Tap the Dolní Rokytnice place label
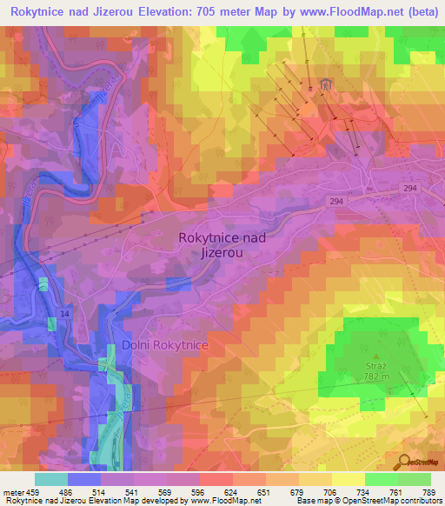(166, 345)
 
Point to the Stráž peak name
(375, 368)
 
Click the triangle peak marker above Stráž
(376, 355)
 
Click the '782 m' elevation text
(376, 379)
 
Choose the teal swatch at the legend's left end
(51, 479)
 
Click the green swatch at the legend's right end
(415, 479)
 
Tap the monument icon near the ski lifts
(326, 83)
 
